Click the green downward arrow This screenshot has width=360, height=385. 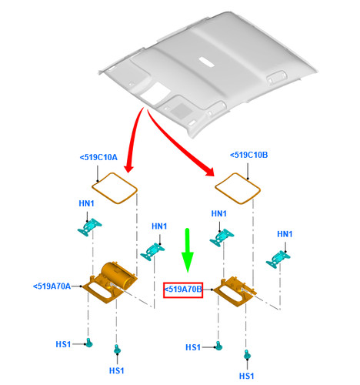click(188, 250)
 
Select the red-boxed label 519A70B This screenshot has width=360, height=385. click(183, 290)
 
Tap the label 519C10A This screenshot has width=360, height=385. click(98, 157)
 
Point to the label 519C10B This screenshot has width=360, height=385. click(248, 155)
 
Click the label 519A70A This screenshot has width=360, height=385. click(52, 286)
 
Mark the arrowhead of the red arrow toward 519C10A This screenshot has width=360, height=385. click(128, 168)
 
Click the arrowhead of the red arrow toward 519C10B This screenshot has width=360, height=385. click(210, 172)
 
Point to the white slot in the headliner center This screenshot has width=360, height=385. click(206, 62)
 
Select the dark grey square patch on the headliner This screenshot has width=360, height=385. click(182, 109)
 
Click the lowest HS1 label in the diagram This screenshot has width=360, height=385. click(246, 376)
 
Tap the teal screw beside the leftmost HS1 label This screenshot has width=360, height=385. click(89, 343)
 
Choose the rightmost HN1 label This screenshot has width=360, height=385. click(285, 234)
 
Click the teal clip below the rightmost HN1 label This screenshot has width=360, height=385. click(278, 259)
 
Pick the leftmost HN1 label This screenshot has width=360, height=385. click(86, 203)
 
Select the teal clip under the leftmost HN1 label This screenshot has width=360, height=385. click(89, 226)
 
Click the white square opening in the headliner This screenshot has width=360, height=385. click(155, 93)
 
